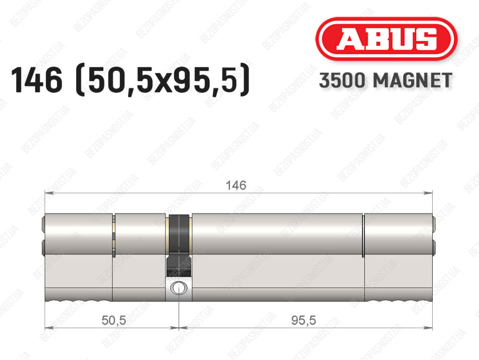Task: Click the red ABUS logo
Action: point(386,39)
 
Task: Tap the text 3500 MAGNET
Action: point(385,81)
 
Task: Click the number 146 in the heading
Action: point(36,80)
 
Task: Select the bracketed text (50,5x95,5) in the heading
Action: point(162,80)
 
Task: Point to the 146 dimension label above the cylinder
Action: point(236,185)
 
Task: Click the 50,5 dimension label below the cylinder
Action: point(114,320)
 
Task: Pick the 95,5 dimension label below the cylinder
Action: point(303,320)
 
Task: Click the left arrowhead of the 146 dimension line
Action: point(49,193)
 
